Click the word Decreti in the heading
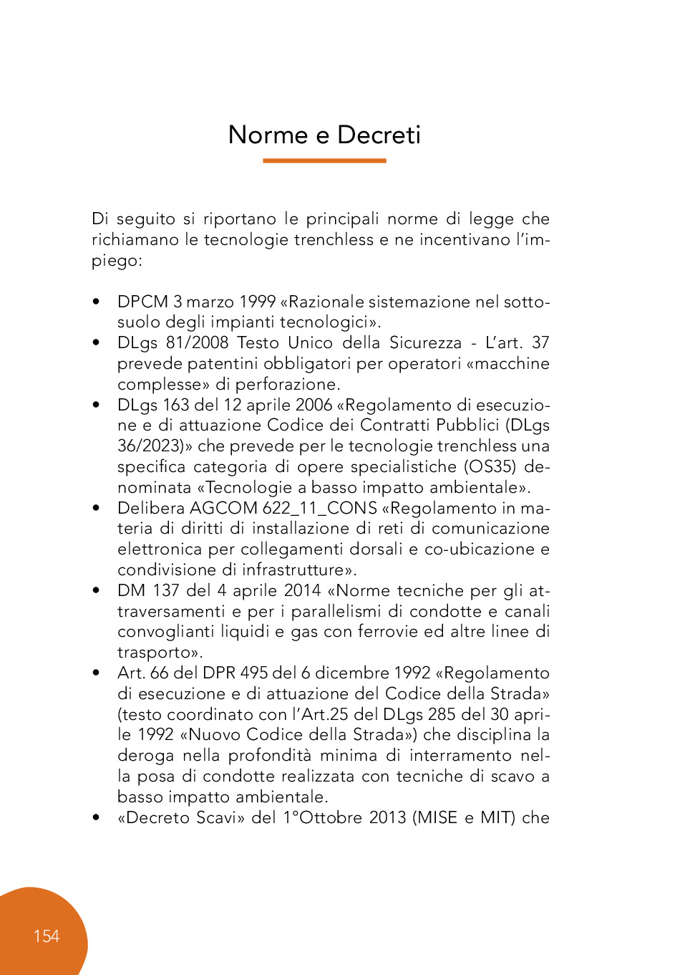pos(379,135)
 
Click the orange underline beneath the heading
pos(324,160)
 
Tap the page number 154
pos(47,936)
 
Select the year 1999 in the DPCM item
pos(258,302)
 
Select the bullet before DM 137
pos(96,591)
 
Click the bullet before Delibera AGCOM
pos(96,509)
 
